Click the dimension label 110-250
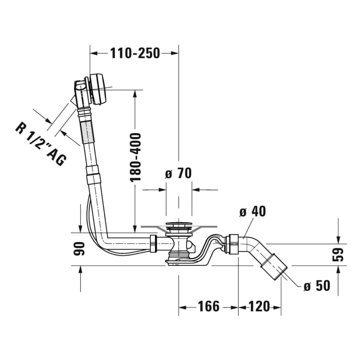pos(135,52)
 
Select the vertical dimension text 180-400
pos(135,157)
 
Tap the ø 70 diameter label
pos(178,173)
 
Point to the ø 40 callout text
pos(253,211)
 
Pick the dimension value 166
pos(208,307)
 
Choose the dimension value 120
pos(259,307)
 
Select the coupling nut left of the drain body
pos(153,243)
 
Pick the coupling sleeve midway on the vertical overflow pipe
pos(93,178)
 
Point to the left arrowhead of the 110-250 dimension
pos(93,52)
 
